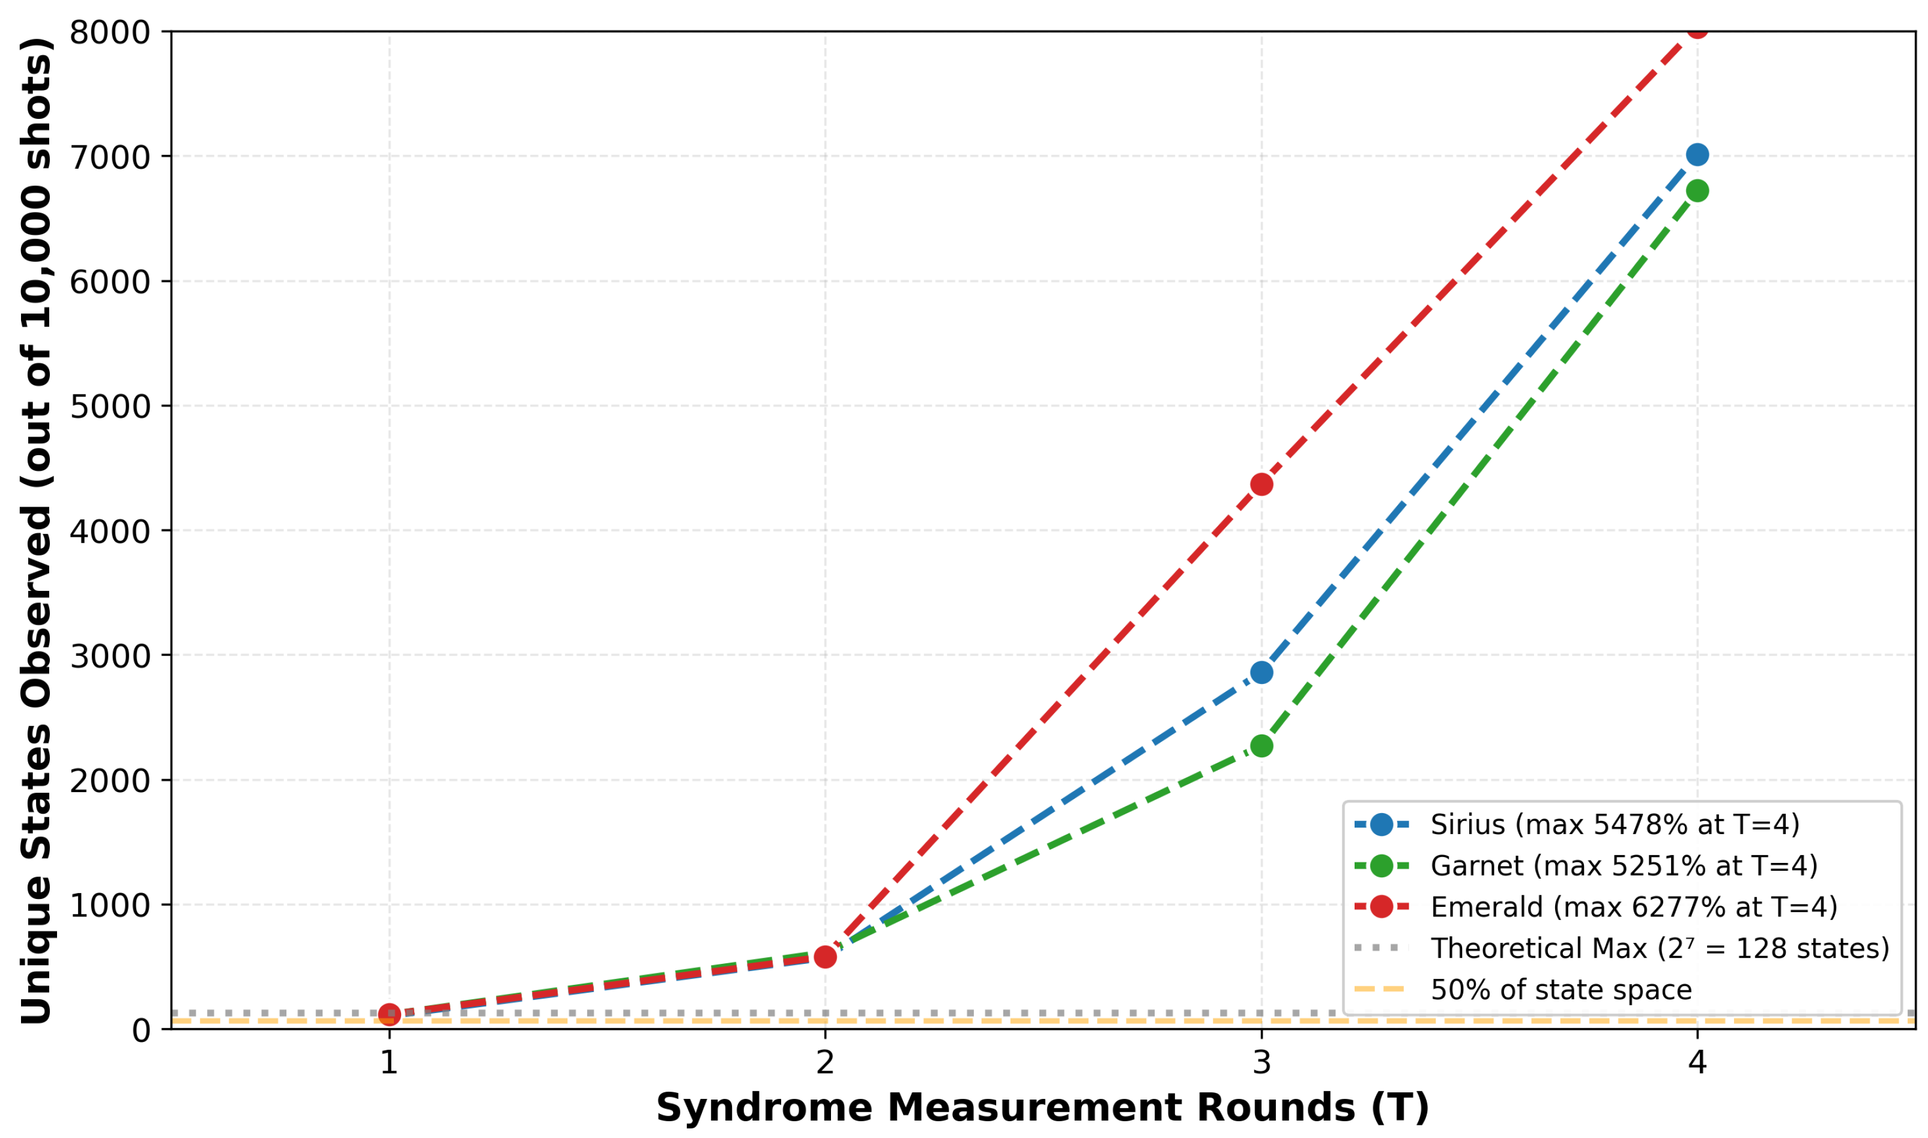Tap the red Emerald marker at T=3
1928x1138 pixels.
(1261, 484)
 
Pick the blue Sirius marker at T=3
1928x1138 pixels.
(1261, 673)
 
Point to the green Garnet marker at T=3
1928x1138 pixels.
(1261, 745)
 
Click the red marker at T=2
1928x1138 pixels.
(825, 957)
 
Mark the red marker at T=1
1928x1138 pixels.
(390, 1014)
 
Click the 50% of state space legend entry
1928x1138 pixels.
(1561, 990)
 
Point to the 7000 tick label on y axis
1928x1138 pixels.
(110, 157)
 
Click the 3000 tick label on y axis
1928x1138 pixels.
(110, 656)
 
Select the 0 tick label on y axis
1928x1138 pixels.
(141, 1031)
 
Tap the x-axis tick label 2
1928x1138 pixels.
(825, 1063)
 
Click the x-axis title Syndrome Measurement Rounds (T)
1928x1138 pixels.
(1042, 1108)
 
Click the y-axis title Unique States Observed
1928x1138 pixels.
(37, 530)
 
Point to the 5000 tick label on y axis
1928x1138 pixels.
(110, 407)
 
